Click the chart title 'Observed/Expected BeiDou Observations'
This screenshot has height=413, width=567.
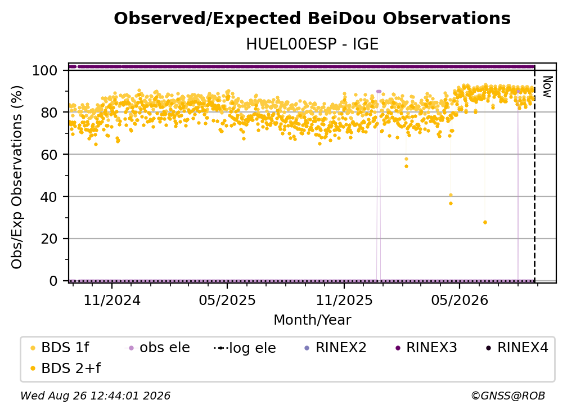click(x=312, y=19)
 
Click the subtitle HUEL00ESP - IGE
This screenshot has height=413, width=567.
click(x=312, y=44)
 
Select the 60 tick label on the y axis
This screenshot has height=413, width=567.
click(x=49, y=154)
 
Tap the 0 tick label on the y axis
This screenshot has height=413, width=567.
click(x=53, y=281)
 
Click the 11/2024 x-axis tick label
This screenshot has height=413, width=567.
click(x=112, y=300)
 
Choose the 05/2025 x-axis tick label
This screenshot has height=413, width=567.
click(x=227, y=300)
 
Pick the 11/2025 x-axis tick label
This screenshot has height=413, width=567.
click(x=344, y=300)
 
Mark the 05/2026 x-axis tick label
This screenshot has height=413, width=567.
click(x=460, y=300)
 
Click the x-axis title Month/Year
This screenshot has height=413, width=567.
click(x=312, y=320)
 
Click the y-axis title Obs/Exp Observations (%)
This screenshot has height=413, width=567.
click(x=17, y=177)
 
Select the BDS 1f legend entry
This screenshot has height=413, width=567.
click(x=60, y=348)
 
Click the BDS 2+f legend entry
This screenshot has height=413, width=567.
click(x=65, y=369)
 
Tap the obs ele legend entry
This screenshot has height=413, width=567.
click(x=157, y=348)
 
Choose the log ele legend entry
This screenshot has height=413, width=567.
click(x=245, y=348)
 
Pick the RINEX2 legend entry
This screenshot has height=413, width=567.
click(x=336, y=348)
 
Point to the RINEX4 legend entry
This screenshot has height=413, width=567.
click(x=517, y=348)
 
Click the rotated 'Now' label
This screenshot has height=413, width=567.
click(x=547, y=87)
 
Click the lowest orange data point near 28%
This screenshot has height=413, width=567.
click(x=485, y=222)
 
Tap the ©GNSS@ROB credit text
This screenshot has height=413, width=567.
click(x=508, y=396)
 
